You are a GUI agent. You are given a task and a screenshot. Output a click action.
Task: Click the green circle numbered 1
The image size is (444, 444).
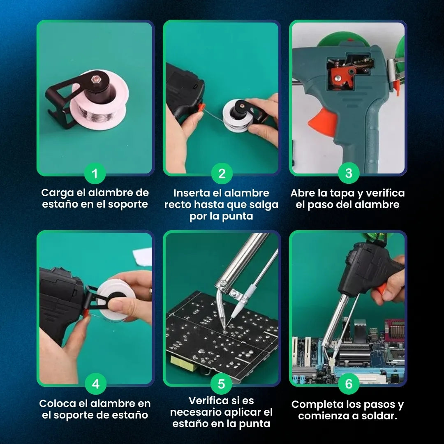(95, 173)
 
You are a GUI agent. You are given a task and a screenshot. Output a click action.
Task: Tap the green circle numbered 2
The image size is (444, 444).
(222, 173)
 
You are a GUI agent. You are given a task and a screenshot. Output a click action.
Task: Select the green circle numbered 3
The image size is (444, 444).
(349, 173)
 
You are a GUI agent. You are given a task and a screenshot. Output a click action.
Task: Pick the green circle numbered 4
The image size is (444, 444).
(95, 384)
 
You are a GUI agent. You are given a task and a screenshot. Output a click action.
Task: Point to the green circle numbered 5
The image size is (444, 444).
(222, 384)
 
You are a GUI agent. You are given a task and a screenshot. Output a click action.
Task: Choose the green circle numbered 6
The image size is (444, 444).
(349, 384)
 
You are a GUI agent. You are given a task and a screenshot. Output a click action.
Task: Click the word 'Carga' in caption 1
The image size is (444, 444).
(58, 193)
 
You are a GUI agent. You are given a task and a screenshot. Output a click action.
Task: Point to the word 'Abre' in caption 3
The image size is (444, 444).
(302, 193)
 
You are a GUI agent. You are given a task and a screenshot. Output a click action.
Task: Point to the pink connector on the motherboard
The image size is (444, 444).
(394, 330)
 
